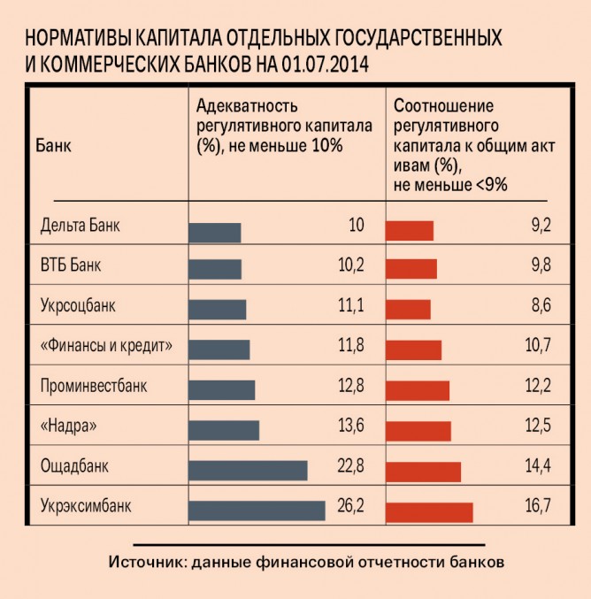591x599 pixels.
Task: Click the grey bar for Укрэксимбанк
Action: coord(257,511)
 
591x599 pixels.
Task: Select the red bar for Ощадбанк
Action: coord(424,472)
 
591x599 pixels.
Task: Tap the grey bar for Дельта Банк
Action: coord(215,232)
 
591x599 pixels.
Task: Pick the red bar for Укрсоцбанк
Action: coord(409,309)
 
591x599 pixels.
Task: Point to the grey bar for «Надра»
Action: coord(224,430)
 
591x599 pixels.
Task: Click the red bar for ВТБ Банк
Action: coord(411,269)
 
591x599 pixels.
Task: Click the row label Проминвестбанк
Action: coord(95,386)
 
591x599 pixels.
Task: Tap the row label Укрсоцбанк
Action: coord(79,306)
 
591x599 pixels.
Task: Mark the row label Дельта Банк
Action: coord(80,225)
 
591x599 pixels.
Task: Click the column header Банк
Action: coord(54,143)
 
